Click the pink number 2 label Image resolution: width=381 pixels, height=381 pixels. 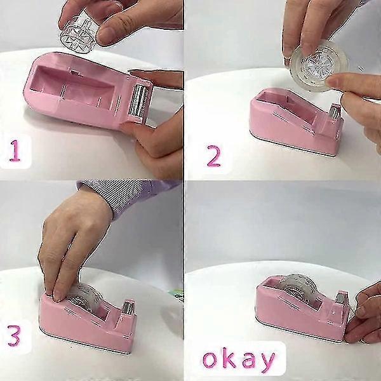click(213, 156)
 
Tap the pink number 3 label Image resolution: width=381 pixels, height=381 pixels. click(14, 336)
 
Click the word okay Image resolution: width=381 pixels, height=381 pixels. click(239, 359)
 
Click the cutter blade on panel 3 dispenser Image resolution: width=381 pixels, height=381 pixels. click(128, 307)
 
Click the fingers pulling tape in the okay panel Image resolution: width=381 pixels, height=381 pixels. click(364, 314)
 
